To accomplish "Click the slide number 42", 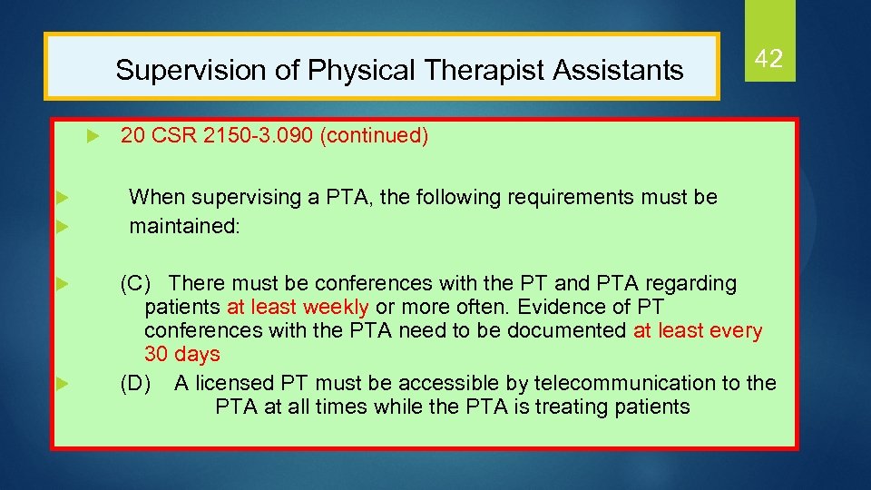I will click(768, 60).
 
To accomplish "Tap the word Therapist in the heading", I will click(473, 70).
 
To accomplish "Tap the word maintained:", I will click(184, 225).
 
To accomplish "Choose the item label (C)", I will click(136, 284).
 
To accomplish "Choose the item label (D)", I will click(136, 383).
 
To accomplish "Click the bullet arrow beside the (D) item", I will click(62, 383).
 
